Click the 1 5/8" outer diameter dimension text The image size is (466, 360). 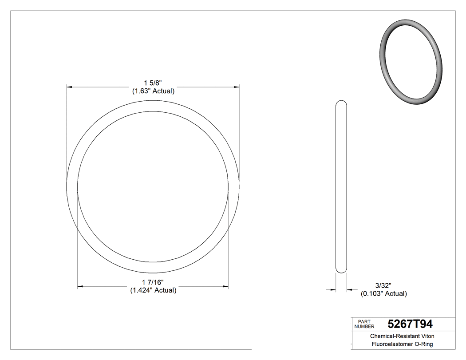click(x=153, y=83)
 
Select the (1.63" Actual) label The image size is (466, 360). click(x=153, y=91)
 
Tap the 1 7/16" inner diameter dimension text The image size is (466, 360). click(x=153, y=282)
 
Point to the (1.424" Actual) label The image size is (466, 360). click(x=153, y=290)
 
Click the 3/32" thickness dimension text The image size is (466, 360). click(x=383, y=285)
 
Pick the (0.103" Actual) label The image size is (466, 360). click(x=383, y=293)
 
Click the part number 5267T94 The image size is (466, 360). click(x=410, y=324)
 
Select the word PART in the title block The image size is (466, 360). click(x=363, y=321)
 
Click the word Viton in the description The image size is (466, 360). click(x=427, y=336)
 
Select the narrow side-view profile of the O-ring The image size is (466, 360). click(x=341, y=186)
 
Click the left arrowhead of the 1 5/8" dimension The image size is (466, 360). click(x=69, y=87)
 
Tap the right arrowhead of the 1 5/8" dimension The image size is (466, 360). click(x=237, y=87)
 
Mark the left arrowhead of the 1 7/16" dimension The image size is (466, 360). click(x=80, y=287)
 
